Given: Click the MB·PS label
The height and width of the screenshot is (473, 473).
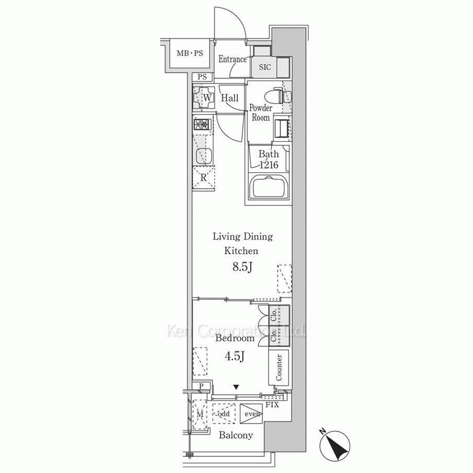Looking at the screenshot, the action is pyautogui.click(x=190, y=53).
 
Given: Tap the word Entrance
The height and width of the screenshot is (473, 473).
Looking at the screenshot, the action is pyautogui.click(x=232, y=59).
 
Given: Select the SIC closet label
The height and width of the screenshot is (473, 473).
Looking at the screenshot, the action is pyautogui.click(x=265, y=67).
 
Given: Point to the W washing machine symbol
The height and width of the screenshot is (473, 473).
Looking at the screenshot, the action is pyautogui.click(x=204, y=97).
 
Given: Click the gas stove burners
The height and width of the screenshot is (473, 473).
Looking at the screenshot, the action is pyautogui.click(x=202, y=124).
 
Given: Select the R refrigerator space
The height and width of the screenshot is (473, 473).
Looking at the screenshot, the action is pyautogui.click(x=203, y=178).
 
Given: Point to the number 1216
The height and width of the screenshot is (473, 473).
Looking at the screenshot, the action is pyautogui.click(x=269, y=165).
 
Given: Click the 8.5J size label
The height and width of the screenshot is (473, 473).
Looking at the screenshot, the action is pyautogui.click(x=242, y=267).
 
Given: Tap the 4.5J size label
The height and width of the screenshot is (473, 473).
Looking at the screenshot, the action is pyautogui.click(x=235, y=357).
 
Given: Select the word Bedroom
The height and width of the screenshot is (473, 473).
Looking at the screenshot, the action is pyautogui.click(x=235, y=338).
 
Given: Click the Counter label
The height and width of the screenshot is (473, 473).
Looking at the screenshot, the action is pyautogui.click(x=279, y=367).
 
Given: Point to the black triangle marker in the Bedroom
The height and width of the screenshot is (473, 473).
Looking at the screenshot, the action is pyautogui.click(x=236, y=387).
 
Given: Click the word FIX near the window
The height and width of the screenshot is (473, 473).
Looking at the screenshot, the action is pyautogui.click(x=272, y=405).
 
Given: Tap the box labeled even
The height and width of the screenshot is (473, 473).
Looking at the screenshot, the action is pyautogui.click(x=251, y=413).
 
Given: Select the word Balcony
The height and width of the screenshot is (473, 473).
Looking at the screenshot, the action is pyautogui.click(x=236, y=435).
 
